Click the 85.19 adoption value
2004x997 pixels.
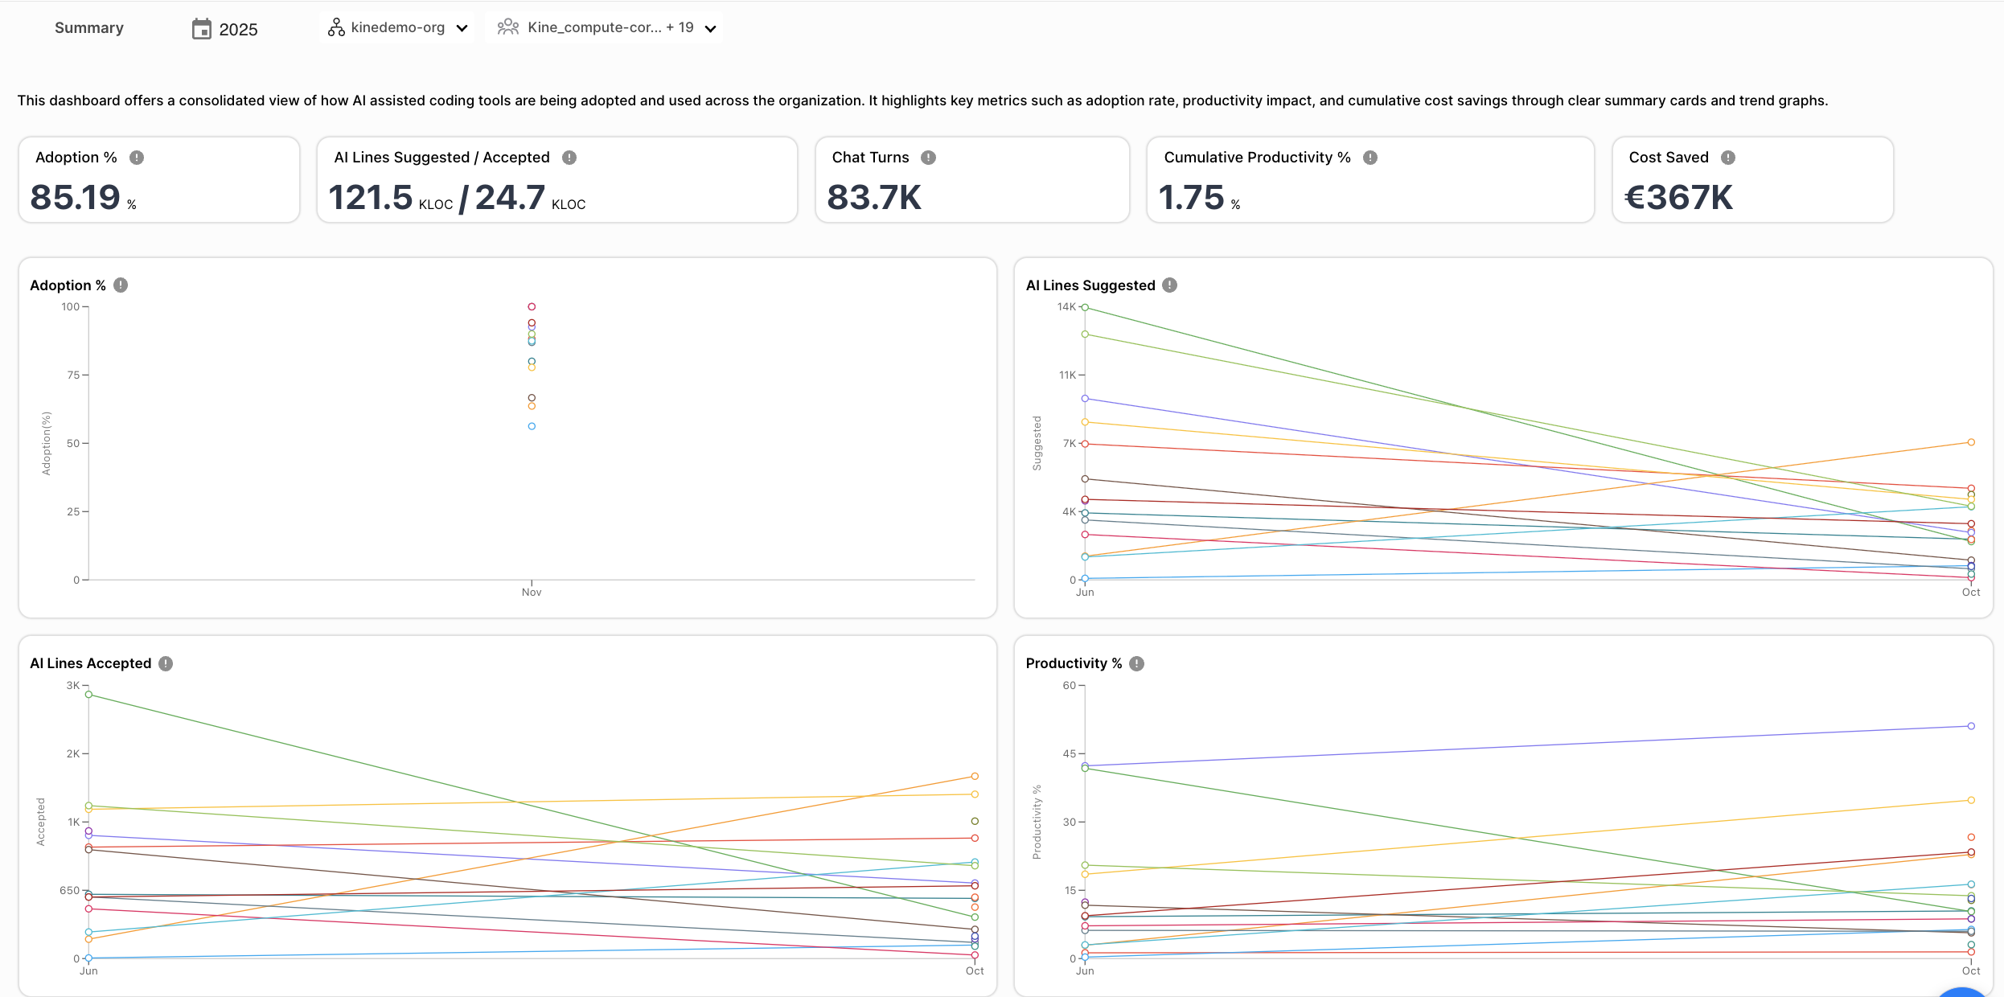[75, 198]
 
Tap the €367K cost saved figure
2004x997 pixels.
[1678, 198]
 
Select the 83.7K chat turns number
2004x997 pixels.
[873, 198]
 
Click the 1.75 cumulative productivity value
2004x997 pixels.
[1191, 198]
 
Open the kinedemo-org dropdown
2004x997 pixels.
[397, 28]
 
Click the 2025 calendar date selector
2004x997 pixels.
[225, 30]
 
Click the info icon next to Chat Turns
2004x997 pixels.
[928, 158]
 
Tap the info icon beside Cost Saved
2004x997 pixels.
[1727, 158]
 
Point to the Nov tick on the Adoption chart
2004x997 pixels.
[532, 593]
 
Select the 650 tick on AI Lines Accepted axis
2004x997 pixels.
[69, 891]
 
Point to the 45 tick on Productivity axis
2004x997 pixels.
[1069, 754]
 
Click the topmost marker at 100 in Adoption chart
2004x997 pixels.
[532, 307]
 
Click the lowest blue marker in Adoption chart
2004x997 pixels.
[532, 426]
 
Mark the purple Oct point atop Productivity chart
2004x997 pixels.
[1971, 726]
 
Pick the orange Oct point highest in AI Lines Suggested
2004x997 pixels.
[1971, 442]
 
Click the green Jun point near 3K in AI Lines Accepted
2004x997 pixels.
[88, 695]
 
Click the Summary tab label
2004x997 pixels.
[89, 28]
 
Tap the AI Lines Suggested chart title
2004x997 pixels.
[1090, 285]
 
